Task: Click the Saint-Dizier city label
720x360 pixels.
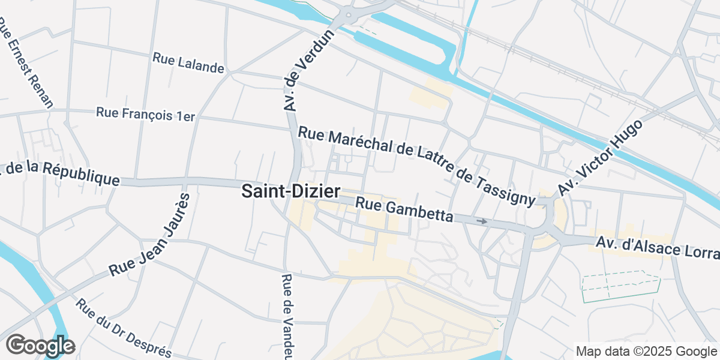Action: (290, 191)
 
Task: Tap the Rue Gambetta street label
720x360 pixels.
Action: (404, 211)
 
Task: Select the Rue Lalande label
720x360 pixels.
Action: (188, 62)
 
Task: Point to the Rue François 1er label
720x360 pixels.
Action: (146, 114)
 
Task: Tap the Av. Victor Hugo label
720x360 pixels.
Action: (600, 157)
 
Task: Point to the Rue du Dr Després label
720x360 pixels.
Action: (124, 328)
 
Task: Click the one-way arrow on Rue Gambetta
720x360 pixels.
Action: (482, 222)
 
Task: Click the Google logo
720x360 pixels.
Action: (41, 346)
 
